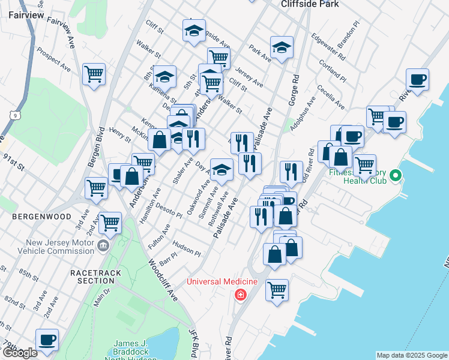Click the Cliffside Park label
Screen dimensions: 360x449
pos(310,4)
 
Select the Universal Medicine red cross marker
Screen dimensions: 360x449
pos(240,295)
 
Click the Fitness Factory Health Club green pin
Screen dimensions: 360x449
pos(395,176)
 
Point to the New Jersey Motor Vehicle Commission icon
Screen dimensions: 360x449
pos(103,245)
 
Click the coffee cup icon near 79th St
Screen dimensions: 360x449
pos(47,340)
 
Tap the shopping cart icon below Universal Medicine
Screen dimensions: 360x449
pos(277,290)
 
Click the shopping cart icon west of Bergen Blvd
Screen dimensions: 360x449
pos(94,74)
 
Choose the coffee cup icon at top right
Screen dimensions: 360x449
pos(417,79)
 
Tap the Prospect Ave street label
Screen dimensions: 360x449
pos(53,60)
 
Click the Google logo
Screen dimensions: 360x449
pos(19,353)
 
